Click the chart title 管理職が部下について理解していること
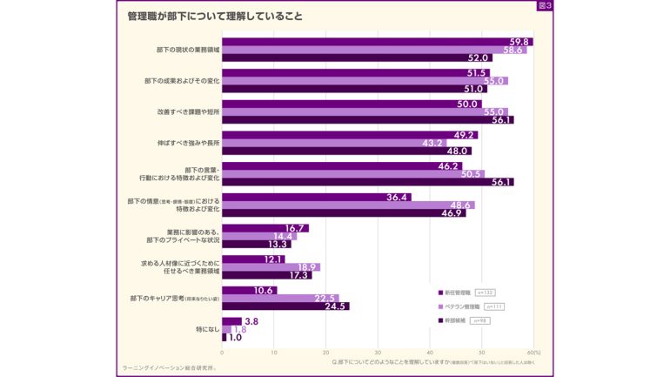(215, 16)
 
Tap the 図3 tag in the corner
(545, 6)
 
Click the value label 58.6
(512, 50)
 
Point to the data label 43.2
(432, 143)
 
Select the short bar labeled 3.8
(231, 321)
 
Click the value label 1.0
(235, 337)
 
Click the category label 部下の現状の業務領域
(183, 50)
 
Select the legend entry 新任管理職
(457, 293)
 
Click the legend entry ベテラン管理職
(459, 306)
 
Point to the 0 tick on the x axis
(223, 353)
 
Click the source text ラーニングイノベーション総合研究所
(170, 367)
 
